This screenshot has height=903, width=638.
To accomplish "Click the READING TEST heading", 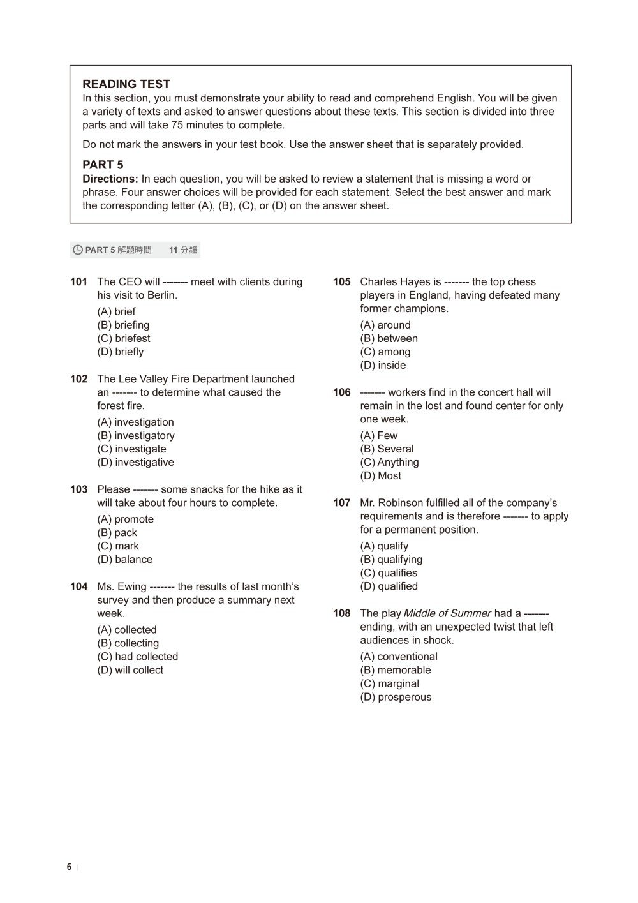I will [x=126, y=84].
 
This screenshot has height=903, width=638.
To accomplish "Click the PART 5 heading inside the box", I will [x=103, y=165].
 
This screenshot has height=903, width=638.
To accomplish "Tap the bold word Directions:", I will [x=110, y=179].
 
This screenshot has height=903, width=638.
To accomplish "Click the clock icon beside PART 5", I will [x=78, y=250].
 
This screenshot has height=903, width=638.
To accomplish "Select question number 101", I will [x=78, y=282].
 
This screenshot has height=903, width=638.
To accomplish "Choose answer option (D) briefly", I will [x=121, y=352].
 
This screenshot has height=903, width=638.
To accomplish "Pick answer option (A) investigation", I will [x=135, y=422].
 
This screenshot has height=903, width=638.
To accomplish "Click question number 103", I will [x=78, y=489].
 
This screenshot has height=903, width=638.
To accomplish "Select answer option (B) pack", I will [x=117, y=533].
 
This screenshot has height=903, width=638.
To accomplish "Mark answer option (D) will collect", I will [x=130, y=670].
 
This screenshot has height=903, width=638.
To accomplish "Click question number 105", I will [x=342, y=282].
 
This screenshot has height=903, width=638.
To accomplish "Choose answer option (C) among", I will [x=385, y=352].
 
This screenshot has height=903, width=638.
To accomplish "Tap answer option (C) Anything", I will [x=389, y=463].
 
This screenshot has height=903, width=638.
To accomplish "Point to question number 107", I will [x=342, y=503].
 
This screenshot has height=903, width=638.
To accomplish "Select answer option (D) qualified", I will [x=389, y=586].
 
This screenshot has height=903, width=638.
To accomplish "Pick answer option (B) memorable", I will [x=396, y=670].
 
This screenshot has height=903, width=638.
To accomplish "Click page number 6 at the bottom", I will [x=69, y=867].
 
